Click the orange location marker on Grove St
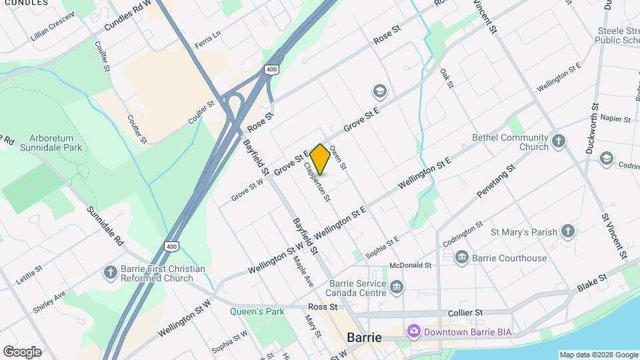[x=320, y=159]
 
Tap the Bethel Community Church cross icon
[x=558, y=141]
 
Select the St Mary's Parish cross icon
[x=567, y=231]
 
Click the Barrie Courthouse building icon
[x=461, y=257]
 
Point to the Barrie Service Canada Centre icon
[x=397, y=287]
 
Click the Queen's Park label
[x=257, y=311]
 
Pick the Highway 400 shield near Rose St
[x=271, y=69]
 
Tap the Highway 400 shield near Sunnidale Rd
[x=171, y=247]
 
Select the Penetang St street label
[x=497, y=181]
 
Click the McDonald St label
[x=411, y=265]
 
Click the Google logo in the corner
[x=22, y=351]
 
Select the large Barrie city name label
[x=364, y=337]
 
